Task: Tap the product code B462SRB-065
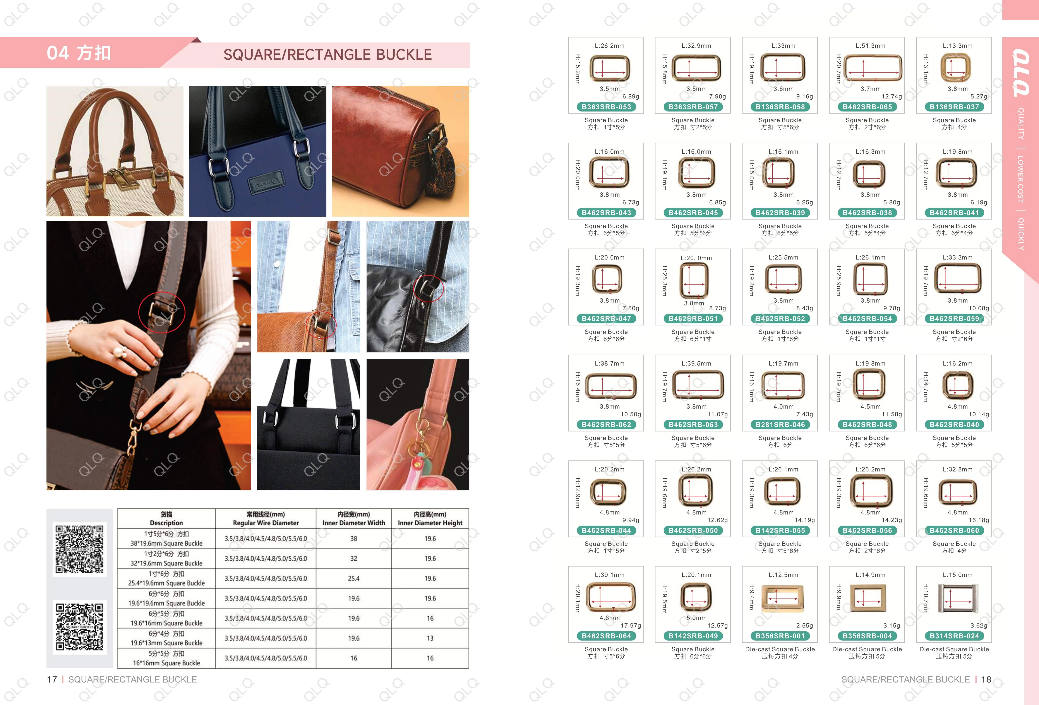867,107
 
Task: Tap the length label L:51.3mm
870,46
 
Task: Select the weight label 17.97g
630,625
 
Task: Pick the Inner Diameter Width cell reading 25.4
354,578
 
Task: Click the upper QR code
80,549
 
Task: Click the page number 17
52,679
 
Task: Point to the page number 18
986,679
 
